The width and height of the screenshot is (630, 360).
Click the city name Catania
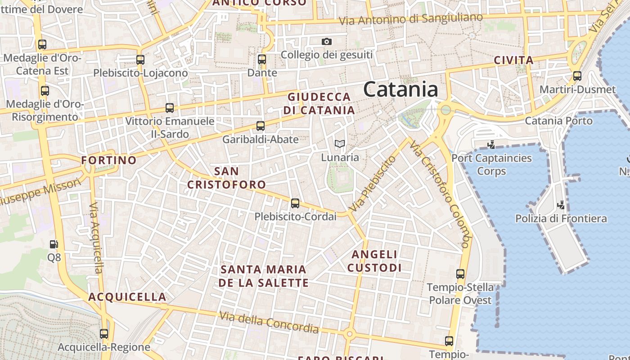pyautogui.click(x=400, y=89)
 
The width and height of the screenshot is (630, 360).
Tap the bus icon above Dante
pyautogui.click(x=261, y=59)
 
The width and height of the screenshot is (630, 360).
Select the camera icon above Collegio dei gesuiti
pyautogui.click(x=327, y=42)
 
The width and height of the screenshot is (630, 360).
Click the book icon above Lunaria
pyautogui.click(x=340, y=144)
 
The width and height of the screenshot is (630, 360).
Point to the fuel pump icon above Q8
pyautogui.click(x=54, y=244)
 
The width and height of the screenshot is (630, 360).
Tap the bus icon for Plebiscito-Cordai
pyautogui.click(x=295, y=203)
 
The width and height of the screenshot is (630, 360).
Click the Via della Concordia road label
pyautogui.click(x=269, y=323)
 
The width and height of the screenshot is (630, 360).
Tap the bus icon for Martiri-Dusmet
pyautogui.click(x=577, y=76)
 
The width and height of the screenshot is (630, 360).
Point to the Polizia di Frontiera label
pyautogui.click(x=561, y=219)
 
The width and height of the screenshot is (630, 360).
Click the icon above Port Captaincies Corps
pyautogui.click(x=491, y=145)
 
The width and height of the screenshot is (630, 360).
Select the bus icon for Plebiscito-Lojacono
pyautogui.click(x=140, y=59)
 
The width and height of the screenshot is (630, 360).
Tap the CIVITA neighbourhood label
pyautogui.click(x=513, y=60)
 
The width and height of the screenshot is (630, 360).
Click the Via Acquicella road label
pyautogui.click(x=96, y=238)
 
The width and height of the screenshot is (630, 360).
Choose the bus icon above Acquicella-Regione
pyautogui.click(x=104, y=334)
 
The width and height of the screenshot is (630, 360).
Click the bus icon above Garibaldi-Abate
pyautogui.click(x=261, y=126)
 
